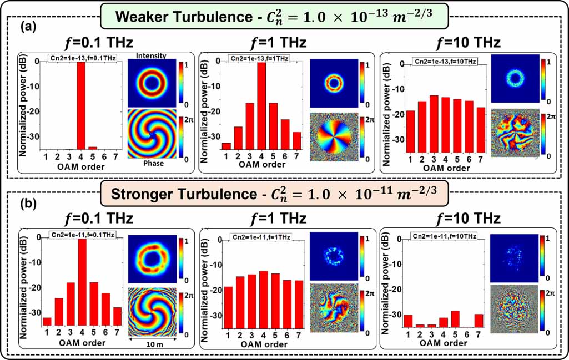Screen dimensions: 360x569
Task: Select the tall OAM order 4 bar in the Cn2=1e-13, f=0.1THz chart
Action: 81,105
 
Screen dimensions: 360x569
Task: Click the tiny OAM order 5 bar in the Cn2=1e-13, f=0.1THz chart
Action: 93,148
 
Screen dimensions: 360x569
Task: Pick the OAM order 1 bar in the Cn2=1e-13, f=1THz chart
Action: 226,146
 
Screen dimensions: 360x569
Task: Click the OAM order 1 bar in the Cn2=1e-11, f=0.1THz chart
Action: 47,321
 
